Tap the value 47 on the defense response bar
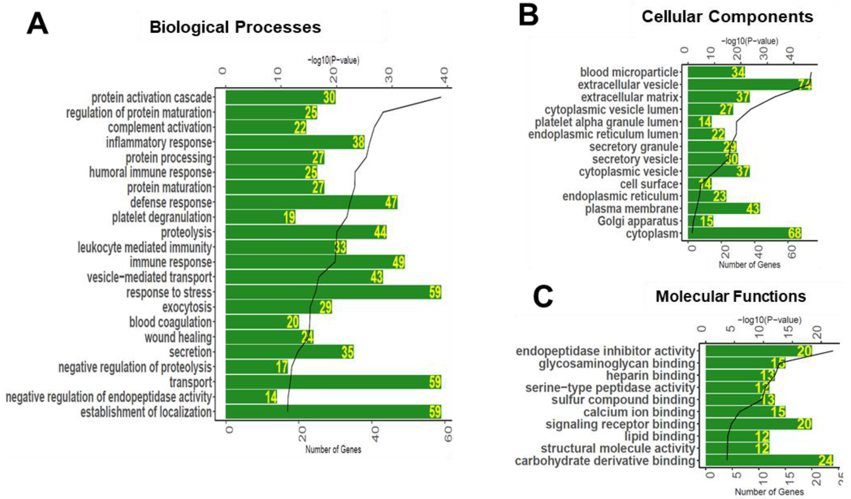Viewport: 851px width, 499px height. click(391, 202)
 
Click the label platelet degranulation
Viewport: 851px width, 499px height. click(162, 217)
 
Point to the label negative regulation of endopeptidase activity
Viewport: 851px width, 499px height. click(109, 397)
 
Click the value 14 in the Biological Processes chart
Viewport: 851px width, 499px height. click(271, 397)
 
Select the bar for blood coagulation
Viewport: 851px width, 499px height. click(262, 322)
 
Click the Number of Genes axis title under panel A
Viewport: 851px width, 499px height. click(333, 449)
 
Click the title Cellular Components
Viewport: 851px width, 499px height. click(727, 17)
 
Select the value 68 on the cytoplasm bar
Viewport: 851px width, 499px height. click(794, 233)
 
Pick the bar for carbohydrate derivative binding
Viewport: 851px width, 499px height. click(769, 460)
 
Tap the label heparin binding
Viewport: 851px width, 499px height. click(650, 375)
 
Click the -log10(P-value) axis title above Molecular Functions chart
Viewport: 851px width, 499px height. click(769, 320)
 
